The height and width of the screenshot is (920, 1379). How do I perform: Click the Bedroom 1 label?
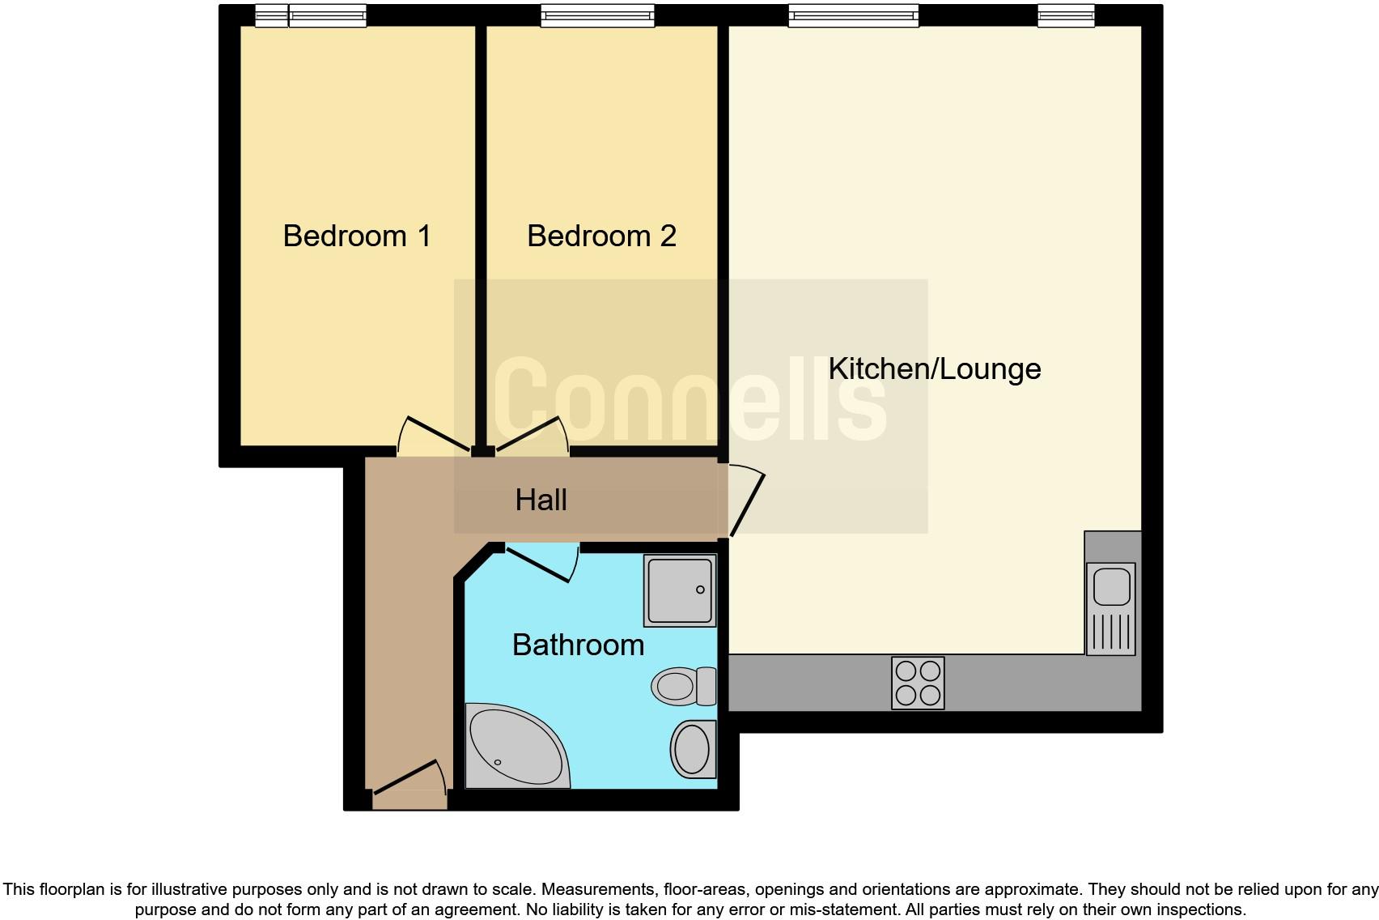pyautogui.click(x=356, y=236)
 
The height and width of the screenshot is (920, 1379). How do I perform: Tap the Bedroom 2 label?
pyautogui.click(x=600, y=236)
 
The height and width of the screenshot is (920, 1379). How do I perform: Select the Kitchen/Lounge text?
pyautogui.click(x=934, y=368)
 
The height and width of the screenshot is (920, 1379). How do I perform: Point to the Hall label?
pyautogui.click(x=541, y=500)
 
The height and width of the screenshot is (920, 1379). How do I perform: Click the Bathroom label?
pyautogui.click(x=578, y=645)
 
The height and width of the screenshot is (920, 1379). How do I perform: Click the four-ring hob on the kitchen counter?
pyautogui.click(x=918, y=683)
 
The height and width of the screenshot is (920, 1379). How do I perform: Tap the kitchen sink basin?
pyautogui.click(x=1111, y=586)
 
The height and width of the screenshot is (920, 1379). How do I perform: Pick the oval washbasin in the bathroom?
pyautogui.click(x=693, y=748)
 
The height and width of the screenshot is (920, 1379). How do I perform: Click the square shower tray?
pyautogui.click(x=679, y=590)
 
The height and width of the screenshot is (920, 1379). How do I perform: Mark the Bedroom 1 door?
pyautogui.click(x=433, y=436)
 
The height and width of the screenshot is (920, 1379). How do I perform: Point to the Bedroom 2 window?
pyautogui.click(x=597, y=15)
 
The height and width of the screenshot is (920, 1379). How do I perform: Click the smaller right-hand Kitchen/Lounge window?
pyautogui.click(x=1066, y=15)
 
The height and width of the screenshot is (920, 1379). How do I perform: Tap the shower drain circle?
pyautogui.click(x=700, y=590)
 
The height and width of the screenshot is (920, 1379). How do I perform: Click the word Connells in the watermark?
pyautogui.click(x=689, y=402)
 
